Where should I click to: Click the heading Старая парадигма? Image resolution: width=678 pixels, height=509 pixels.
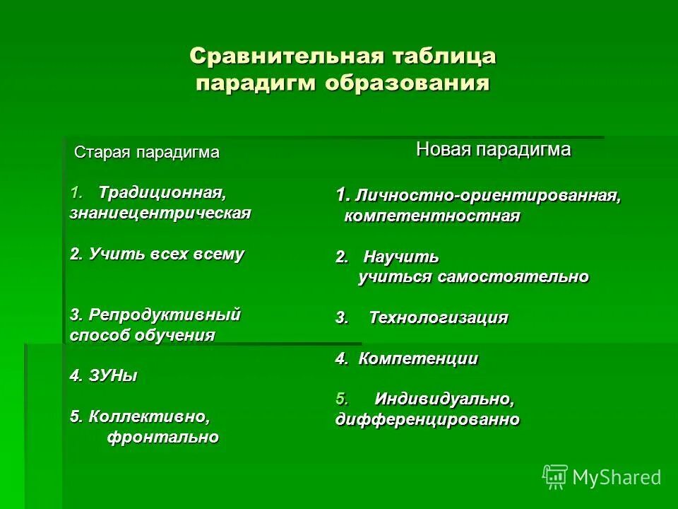tap(147, 152)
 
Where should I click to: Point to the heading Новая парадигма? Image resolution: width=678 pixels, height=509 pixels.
tap(493, 150)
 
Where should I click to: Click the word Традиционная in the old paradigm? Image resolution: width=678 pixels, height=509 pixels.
tap(162, 192)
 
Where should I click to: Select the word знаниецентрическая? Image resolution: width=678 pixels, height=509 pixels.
tap(160, 213)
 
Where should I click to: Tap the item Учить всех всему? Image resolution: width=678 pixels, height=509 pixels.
tap(166, 255)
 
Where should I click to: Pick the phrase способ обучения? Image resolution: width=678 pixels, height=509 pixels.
tap(143, 335)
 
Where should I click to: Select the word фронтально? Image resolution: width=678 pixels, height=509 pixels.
tap(162, 438)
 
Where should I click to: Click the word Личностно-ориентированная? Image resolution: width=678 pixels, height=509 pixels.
tap(488, 195)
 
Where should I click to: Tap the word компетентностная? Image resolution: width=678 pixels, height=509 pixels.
tap(432, 216)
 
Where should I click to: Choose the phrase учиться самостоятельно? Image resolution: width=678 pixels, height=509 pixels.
tap(473, 276)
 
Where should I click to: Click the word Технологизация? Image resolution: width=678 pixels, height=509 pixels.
tap(438, 317)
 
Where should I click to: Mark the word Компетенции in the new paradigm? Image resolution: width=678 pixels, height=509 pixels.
tap(418, 358)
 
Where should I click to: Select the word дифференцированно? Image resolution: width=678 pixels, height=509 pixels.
tap(427, 419)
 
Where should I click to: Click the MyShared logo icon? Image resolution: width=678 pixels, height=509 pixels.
tap(555, 477)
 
